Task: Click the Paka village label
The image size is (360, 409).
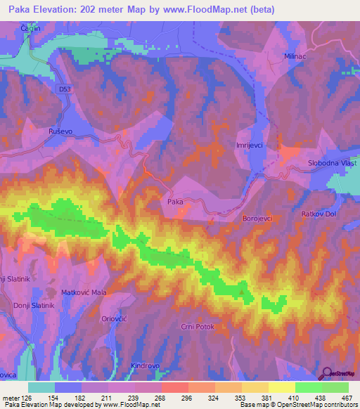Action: click(175, 202)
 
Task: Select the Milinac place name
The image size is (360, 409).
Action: click(297, 55)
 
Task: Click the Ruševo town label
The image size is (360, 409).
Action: click(60, 131)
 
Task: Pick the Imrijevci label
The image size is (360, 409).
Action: click(250, 145)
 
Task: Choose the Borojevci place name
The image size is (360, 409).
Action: click(257, 219)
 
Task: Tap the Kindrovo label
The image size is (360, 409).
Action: click(146, 365)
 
